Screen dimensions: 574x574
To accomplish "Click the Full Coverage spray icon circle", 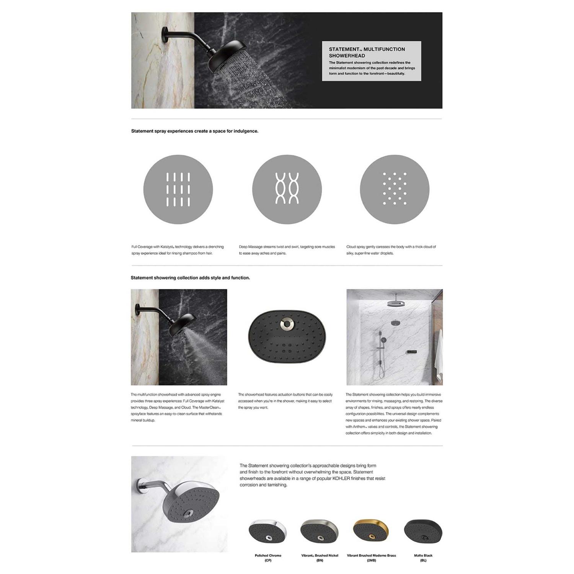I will (178, 189).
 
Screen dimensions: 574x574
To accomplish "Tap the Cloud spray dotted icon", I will (395, 189).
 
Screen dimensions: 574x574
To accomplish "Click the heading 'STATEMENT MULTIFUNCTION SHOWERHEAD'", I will (367, 52).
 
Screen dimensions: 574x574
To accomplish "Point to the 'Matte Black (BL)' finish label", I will (423, 558).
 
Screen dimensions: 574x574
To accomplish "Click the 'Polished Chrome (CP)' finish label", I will (268, 558).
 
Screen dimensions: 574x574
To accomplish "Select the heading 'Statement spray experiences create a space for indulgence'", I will (194, 131).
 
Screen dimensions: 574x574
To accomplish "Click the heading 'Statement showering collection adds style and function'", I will (190, 278).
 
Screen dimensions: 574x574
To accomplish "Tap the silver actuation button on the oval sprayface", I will (287, 324).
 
